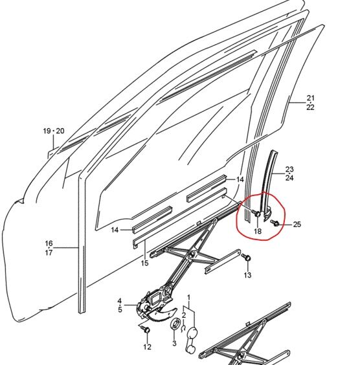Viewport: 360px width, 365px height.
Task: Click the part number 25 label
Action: (x=297, y=225)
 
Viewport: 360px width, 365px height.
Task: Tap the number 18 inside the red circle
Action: (x=258, y=231)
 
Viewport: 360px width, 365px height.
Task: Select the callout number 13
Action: (x=247, y=275)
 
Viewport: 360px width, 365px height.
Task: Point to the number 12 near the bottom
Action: (x=147, y=347)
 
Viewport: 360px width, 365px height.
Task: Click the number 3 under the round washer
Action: (x=174, y=343)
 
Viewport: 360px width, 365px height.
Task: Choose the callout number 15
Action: (x=144, y=263)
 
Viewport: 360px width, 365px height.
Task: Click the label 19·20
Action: (x=54, y=131)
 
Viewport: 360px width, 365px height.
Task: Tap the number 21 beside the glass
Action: (x=310, y=98)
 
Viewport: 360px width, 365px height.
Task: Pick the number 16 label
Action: (x=49, y=243)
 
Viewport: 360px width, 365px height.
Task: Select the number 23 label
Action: (x=289, y=169)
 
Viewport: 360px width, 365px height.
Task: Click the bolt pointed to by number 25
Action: (x=275, y=223)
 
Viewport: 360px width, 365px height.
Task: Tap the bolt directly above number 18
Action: (x=256, y=213)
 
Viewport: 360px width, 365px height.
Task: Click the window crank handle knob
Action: (x=192, y=331)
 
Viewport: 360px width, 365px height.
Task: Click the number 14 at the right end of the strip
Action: (x=240, y=179)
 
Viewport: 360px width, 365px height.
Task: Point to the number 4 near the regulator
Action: (x=119, y=301)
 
